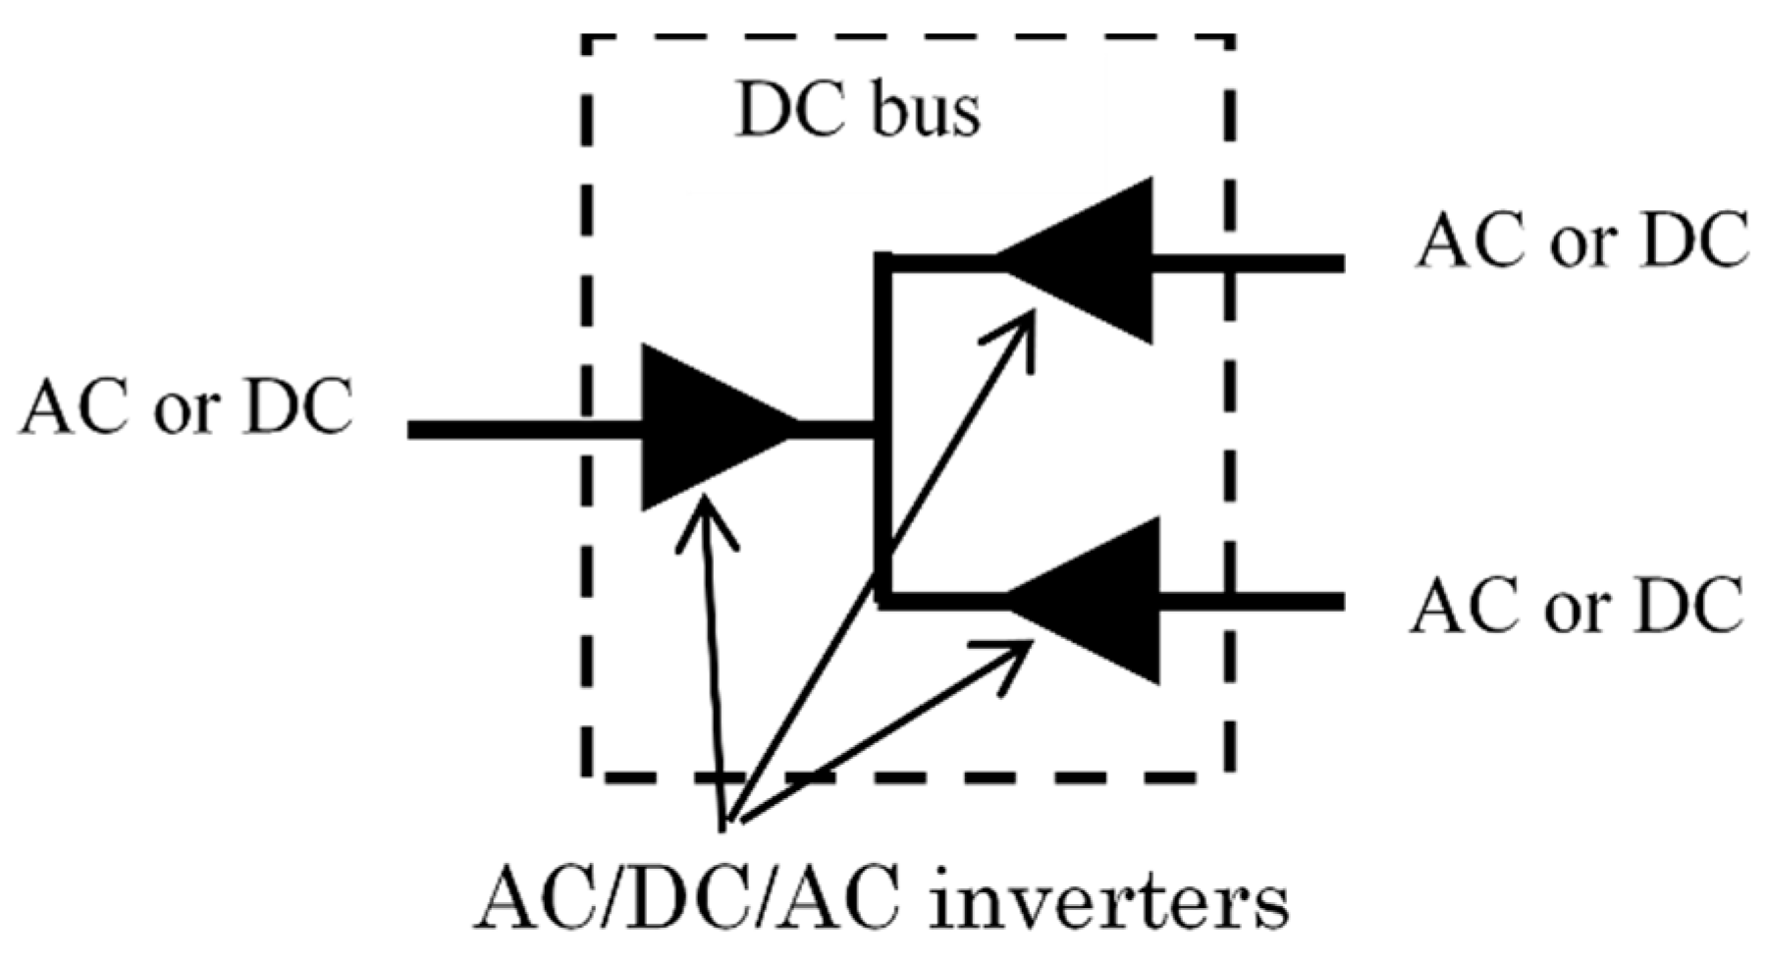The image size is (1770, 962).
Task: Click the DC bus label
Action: [858, 113]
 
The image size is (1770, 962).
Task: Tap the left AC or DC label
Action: [187, 407]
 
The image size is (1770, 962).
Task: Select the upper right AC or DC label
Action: [1582, 240]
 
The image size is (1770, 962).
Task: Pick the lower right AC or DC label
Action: [1577, 606]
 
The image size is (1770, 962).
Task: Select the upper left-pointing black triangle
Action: [1090, 261]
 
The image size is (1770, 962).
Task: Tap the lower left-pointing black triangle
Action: [1100, 601]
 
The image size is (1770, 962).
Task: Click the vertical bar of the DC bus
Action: [884, 432]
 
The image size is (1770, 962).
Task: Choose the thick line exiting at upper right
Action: [1247, 262]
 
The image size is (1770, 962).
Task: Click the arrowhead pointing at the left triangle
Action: [705, 515]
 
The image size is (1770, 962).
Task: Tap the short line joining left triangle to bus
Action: [834, 429]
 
